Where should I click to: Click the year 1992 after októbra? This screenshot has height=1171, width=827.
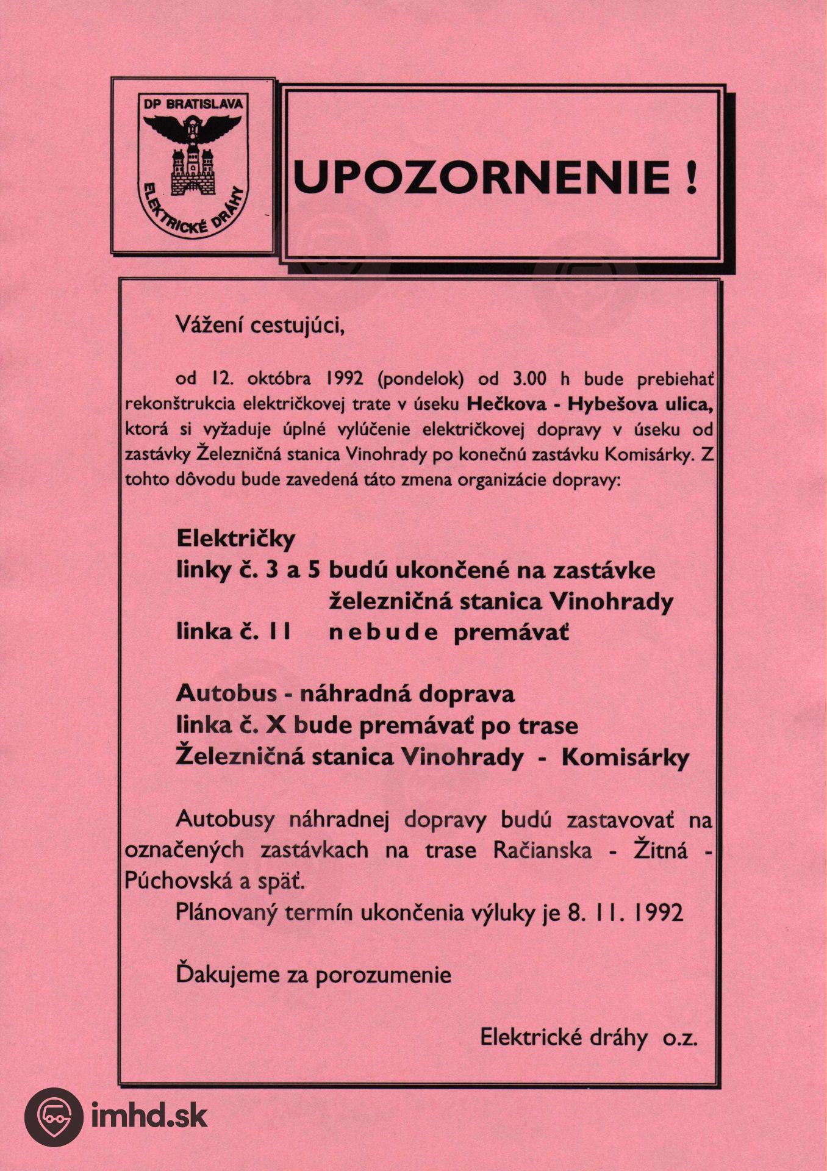click(345, 379)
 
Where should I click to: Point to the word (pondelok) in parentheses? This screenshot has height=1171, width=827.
click(421, 379)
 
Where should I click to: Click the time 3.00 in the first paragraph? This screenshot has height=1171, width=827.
click(529, 379)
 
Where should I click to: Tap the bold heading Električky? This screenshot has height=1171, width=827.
click(235, 539)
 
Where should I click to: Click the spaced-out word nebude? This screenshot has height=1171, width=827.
click(383, 632)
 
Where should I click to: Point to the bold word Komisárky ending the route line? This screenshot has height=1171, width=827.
click(625, 757)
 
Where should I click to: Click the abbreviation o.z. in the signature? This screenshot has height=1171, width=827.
click(680, 1037)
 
